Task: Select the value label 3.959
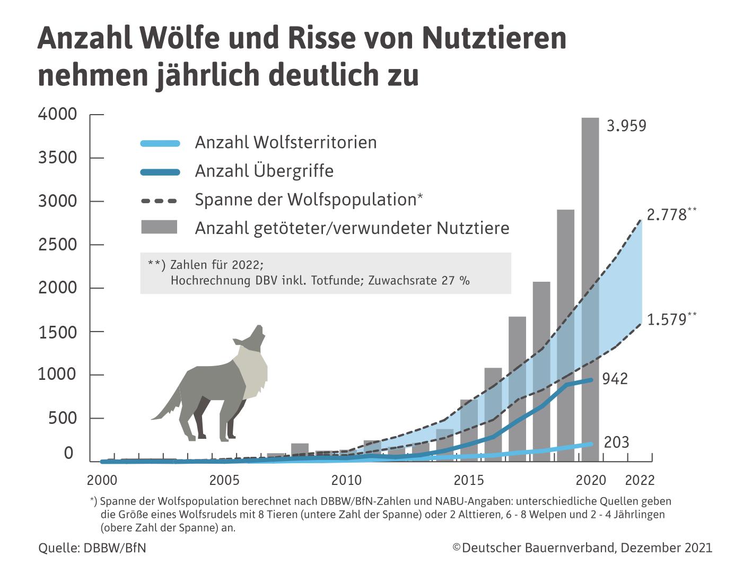point(626,126)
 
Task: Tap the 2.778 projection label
point(667,215)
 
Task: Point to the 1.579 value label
point(667,320)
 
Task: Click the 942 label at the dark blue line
point(615,379)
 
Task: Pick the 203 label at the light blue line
point(616,442)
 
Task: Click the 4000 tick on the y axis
point(57,114)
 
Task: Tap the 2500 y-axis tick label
point(57,245)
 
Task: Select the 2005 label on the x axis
point(224,480)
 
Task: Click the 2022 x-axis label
point(640,480)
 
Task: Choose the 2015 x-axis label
point(469,480)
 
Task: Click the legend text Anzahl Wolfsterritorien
point(286,142)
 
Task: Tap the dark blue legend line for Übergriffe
point(160,171)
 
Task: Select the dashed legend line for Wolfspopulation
point(159,201)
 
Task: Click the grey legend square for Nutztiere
point(159,227)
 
